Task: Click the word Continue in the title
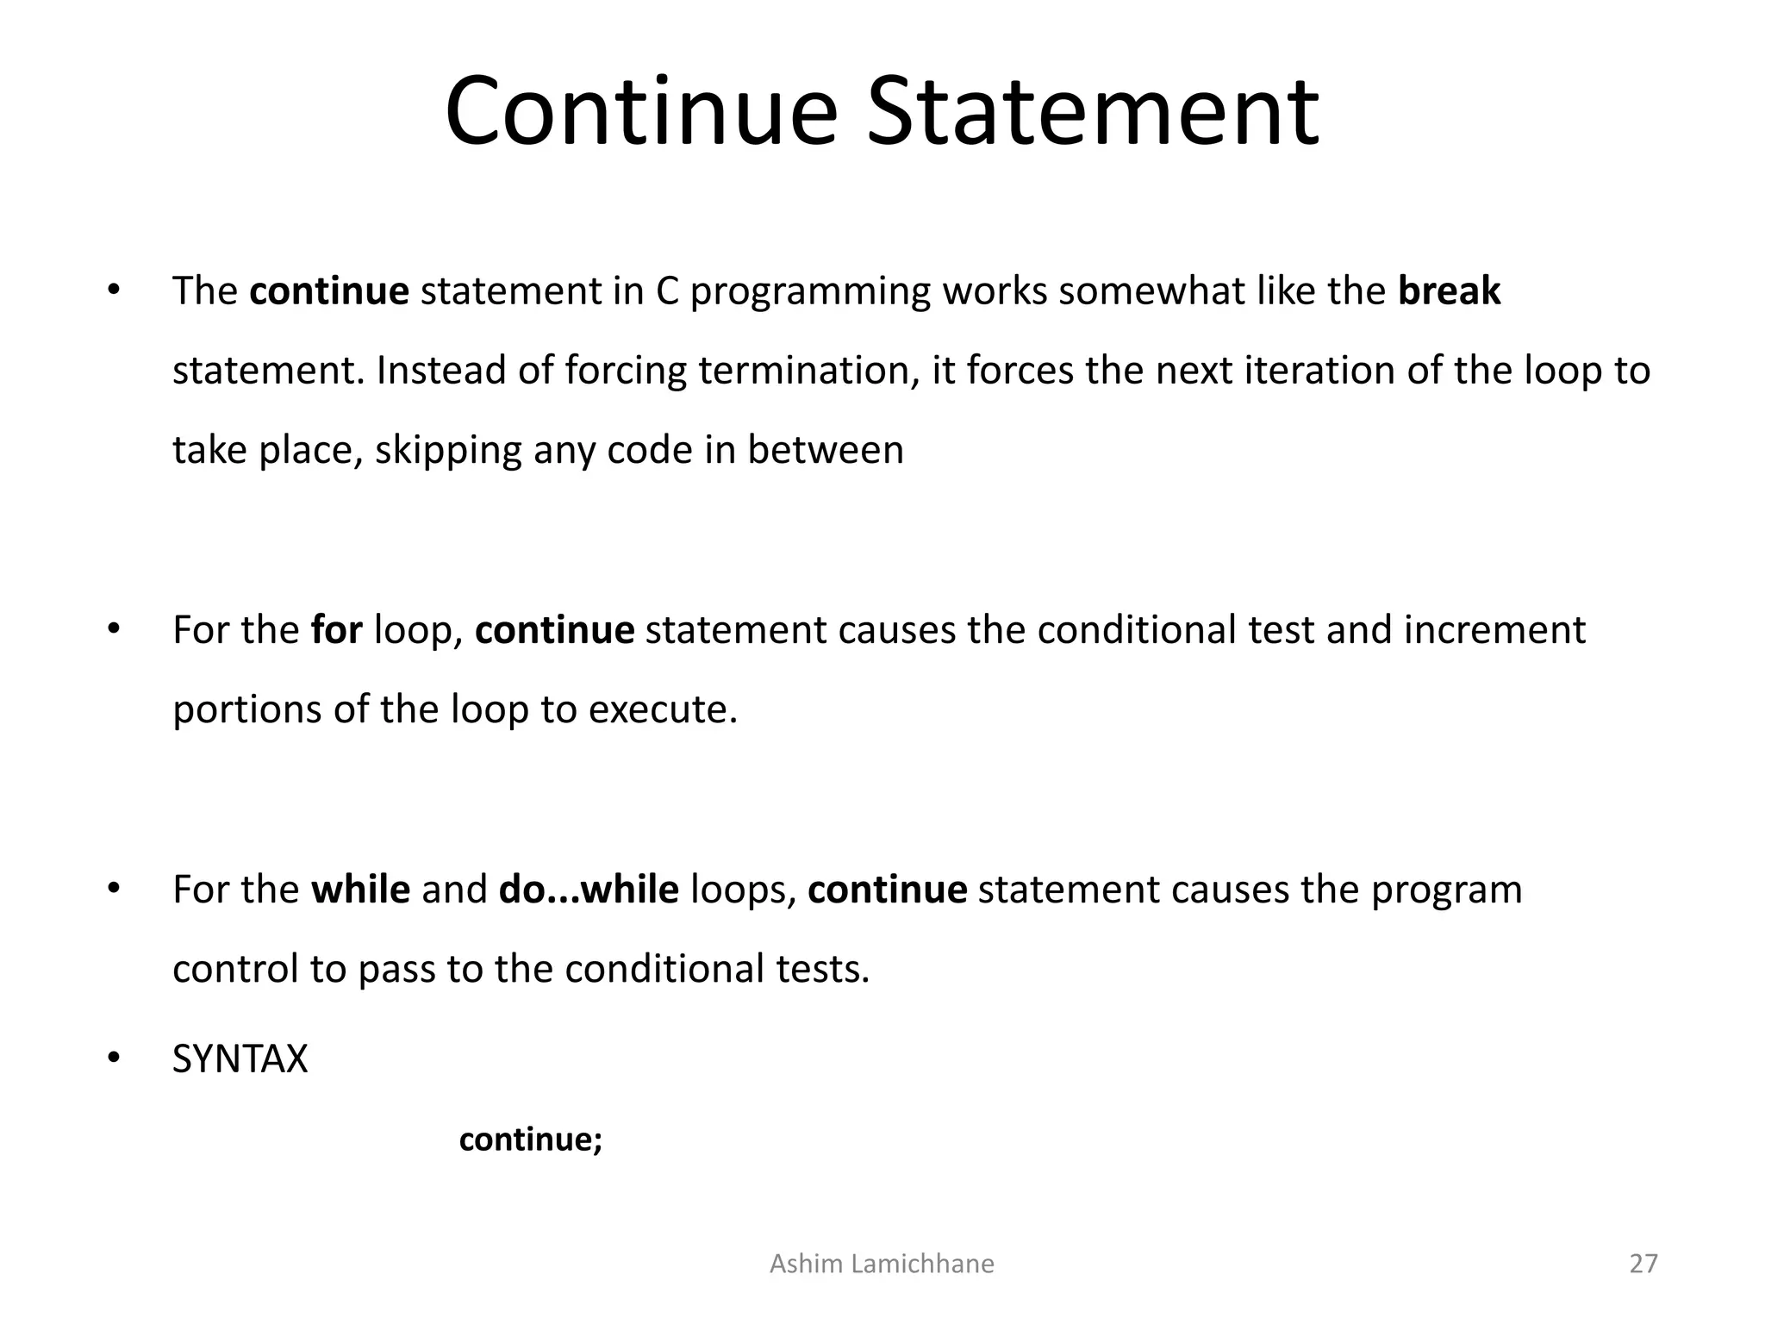pos(641,112)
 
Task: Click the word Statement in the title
pos(1092,112)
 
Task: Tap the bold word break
pos(1449,291)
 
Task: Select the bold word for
pos(336,630)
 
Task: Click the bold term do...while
pos(589,890)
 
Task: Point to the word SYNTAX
pos(240,1059)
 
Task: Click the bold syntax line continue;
pos(530,1140)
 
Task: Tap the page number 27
pos(1643,1264)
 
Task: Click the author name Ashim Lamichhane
pos(882,1264)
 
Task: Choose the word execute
pos(663,710)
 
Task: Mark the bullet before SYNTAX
pos(113,1059)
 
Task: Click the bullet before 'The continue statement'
pos(113,290)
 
